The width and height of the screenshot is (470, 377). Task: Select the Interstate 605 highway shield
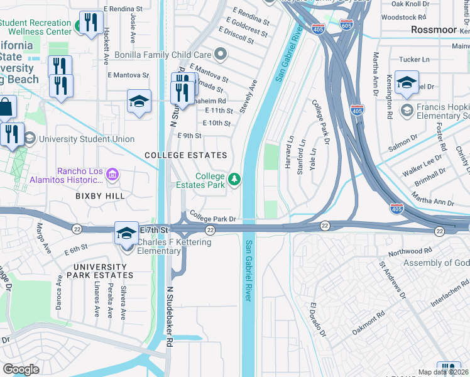[x=346, y=25]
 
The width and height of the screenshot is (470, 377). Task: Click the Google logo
[x=21, y=369]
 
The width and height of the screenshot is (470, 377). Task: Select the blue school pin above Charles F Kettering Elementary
[x=126, y=232]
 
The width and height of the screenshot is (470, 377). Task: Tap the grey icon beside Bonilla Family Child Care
[x=220, y=55]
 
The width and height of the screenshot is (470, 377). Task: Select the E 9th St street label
[x=190, y=135]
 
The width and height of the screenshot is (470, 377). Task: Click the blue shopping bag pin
[x=5, y=107]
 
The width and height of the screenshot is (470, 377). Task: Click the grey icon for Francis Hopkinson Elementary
[x=407, y=111]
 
